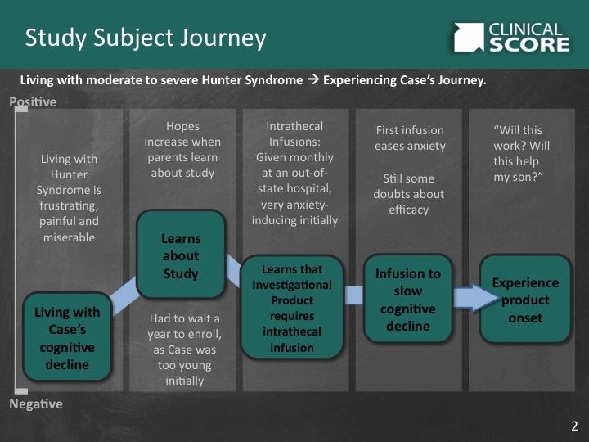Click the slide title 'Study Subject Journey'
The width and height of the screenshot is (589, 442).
[x=146, y=38]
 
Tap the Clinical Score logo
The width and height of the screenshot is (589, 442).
[x=511, y=37]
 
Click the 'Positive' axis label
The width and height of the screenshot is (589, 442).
[x=33, y=102]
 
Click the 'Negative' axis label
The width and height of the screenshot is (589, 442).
[x=35, y=404]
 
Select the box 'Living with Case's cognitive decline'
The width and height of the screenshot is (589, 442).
[x=67, y=337]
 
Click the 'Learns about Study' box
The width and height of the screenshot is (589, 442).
[x=181, y=255]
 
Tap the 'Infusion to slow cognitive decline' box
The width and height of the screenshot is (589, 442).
[x=407, y=300]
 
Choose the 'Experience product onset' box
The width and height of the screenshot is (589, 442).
[x=524, y=300]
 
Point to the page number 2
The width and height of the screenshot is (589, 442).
[x=574, y=426]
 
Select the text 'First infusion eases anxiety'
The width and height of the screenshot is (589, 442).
[x=409, y=138]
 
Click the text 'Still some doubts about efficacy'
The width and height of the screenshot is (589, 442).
[x=409, y=194]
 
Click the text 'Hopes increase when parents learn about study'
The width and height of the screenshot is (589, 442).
[x=182, y=149]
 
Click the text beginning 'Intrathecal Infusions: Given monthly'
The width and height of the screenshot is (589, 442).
[x=295, y=173]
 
